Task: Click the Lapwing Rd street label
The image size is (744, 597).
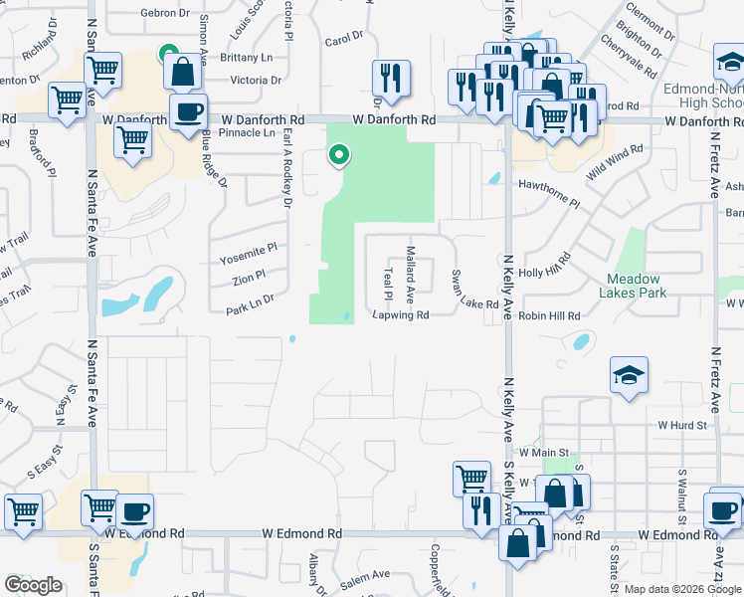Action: coord(401,315)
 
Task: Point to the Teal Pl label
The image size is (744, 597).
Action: coord(388,283)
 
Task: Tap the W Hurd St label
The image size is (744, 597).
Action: coord(681,425)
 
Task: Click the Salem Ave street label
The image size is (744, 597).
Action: coord(368,577)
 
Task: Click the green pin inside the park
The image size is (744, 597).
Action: coord(339,155)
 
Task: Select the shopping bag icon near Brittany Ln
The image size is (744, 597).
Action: coord(183,72)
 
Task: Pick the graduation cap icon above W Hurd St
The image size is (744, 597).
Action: coord(627,375)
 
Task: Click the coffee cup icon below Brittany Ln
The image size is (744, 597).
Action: coord(188,111)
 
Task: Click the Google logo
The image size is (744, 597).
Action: coord(34,585)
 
